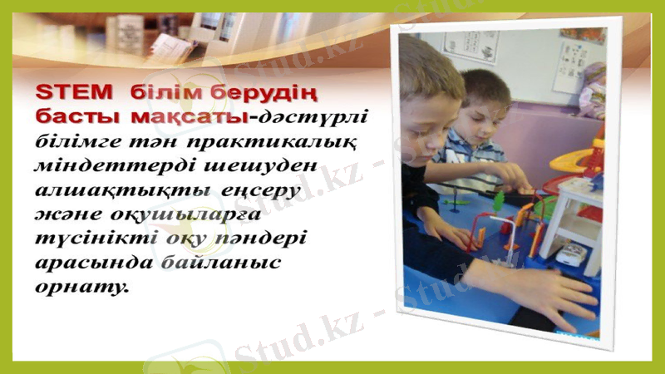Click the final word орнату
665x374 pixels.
(x=82, y=288)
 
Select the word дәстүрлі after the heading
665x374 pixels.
(x=313, y=114)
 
